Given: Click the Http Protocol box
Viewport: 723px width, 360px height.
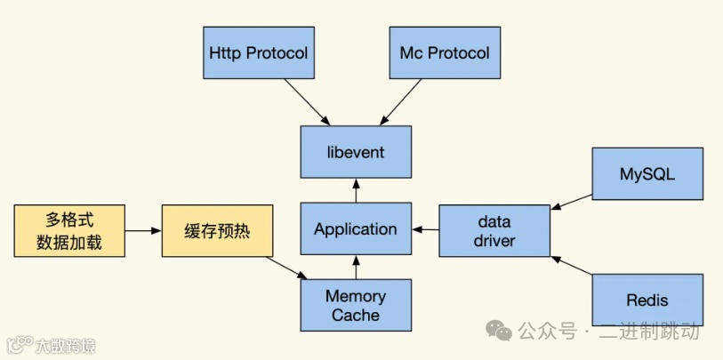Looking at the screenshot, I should point(258,52).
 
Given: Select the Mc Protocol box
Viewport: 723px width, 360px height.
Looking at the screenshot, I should point(445,52).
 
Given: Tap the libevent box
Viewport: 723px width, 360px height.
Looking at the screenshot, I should point(356,152).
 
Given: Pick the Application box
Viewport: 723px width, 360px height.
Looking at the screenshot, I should point(356,229).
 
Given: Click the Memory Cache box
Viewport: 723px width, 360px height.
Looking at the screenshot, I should point(356,305).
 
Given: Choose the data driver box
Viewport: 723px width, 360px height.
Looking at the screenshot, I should point(495,230).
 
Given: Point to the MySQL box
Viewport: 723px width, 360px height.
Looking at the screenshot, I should point(647,174).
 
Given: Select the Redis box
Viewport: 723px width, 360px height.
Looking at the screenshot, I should point(647,300).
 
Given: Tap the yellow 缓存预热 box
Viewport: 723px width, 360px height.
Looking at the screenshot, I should point(216,230).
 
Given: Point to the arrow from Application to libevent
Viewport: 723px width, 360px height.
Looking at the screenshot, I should point(356,190).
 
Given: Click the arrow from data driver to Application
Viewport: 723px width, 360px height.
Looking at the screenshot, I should point(426,230).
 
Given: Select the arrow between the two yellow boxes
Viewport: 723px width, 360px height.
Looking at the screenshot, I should point(142,230).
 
